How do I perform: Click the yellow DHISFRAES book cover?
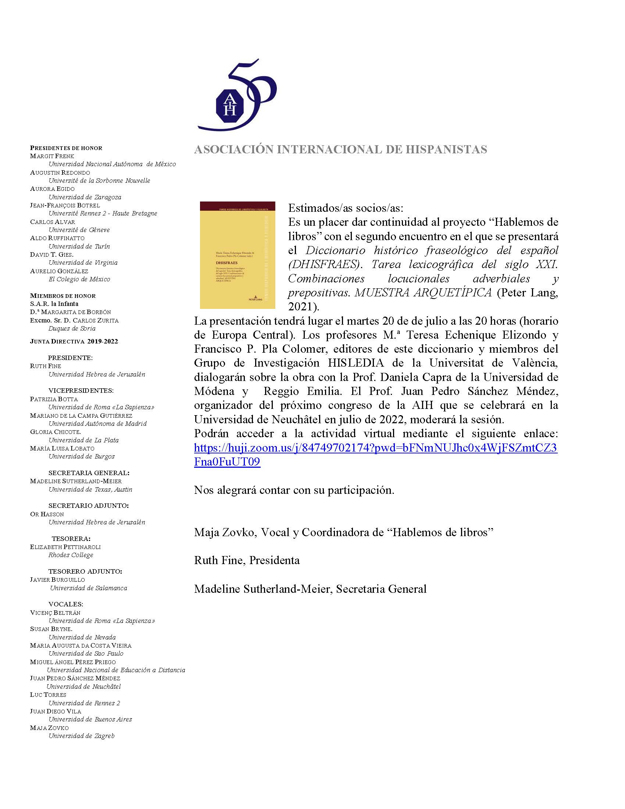pyautogui.click(x=238, y=255)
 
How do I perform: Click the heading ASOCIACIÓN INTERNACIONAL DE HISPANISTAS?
pyautogui.click(x=340, y=149)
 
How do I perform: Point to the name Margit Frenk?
pyautogui.click(x=52, y=156)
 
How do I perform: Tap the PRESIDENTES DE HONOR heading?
pyautogui.click(x=66, y=148)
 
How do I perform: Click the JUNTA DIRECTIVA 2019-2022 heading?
pyautogui.click(x=74, y=341)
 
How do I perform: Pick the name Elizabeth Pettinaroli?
pyautogui.click(x=65, y=547)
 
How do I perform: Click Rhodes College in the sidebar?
pyautogui.click(x=71, y=555)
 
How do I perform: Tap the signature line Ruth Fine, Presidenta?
pyautogui.click(x=247, y=560)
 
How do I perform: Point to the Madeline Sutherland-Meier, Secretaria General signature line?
pyautogui.click(x=310, y=589)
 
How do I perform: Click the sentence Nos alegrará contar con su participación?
pyautogui.click(x=294, y=490)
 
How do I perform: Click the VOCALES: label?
pyautogui.click(x=65, y=604)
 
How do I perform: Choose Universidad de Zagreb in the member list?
pyautogui.click(x=82, y=736)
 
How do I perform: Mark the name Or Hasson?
pyautogui.click(x=47, y=514)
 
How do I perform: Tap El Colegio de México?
pyautogui.click(x=79, y=279)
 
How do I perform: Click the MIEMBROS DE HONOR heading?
pyautogui.click(x=63, y=296)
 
